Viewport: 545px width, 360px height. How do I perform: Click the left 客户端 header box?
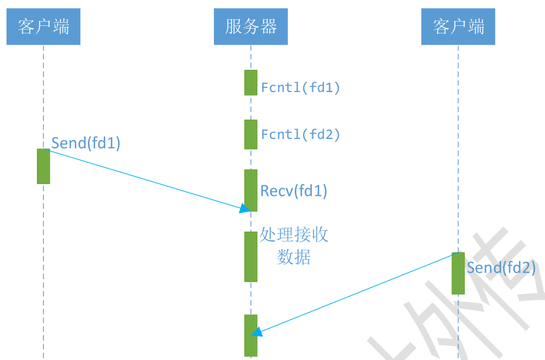point(43,26)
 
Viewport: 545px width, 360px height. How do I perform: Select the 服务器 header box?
point(251,26)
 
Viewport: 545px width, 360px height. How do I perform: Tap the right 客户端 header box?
point(458,26)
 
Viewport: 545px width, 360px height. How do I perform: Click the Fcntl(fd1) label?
point(301,88)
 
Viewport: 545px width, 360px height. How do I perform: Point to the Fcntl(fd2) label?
point(301,135)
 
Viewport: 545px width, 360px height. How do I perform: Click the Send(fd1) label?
point(86,143)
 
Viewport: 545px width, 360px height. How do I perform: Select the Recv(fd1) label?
point(294,191)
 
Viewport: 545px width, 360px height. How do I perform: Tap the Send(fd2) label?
point(501,268)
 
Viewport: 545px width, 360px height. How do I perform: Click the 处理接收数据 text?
point(294,246)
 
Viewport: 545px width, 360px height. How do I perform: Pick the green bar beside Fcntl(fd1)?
point(251,83)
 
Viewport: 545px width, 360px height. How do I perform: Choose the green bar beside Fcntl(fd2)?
point(251,134)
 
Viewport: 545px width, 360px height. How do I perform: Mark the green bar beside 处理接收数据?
point(251,256)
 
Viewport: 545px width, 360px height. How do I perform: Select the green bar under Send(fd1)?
point(43,166)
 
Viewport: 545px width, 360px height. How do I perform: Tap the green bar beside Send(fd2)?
point(458,273)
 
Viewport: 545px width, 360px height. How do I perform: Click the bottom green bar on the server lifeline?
point(251,335)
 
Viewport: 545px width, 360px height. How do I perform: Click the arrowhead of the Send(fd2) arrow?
point(257,332)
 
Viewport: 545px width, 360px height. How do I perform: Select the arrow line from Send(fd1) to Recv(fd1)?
point(147,179)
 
